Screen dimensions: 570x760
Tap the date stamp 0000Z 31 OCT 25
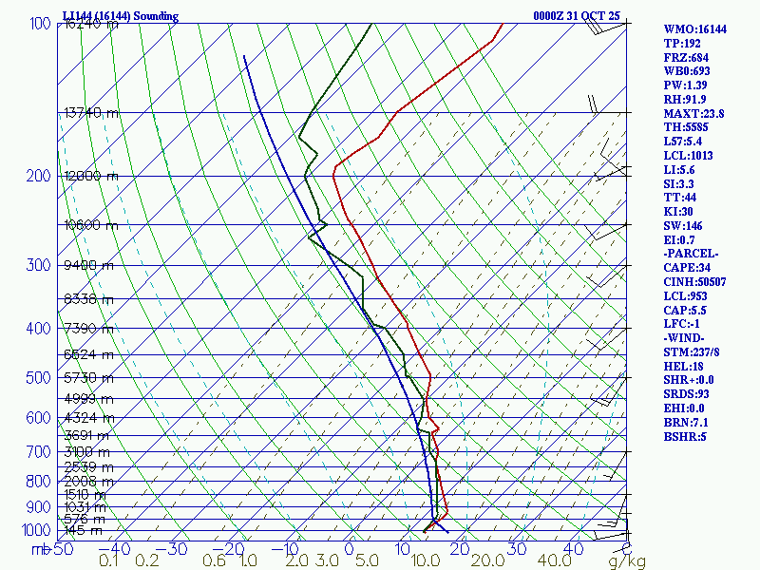tap(577, 16)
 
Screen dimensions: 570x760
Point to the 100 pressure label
tap(40, 23)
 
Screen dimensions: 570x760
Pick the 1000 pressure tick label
tap(36, 530)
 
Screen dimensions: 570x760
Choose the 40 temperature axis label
tap(573, 549)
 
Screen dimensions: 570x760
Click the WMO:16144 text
tap(694, 29)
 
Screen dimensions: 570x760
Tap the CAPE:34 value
tap(689, 268)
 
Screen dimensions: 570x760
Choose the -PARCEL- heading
tap(691, 254)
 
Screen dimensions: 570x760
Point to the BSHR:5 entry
tap(686, 437)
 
